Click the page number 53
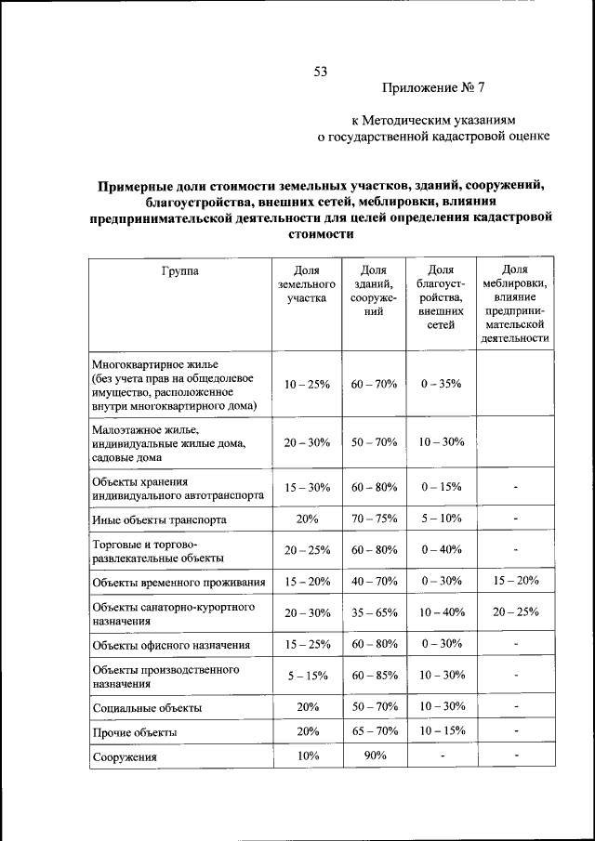click(322, 71)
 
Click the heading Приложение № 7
click(433, 88)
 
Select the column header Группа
click(179, 271)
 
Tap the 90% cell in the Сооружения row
click(375, 756)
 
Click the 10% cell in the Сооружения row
click(307, 756)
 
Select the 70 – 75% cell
click(375, 519)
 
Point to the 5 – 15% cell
click(307, 676)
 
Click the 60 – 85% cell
click(375, 676)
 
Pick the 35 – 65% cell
click(375, 612)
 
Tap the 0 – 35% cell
click(441, 384)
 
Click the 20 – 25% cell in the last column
click(515, 612)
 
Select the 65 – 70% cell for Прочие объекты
click(375, 731)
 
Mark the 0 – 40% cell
click(441, 549)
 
